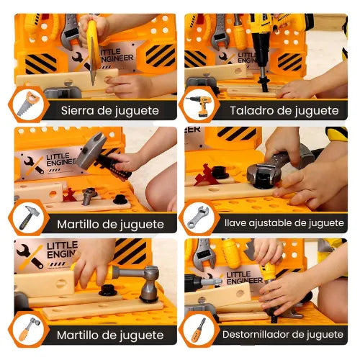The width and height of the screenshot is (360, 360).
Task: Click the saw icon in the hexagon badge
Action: pyautogui.click(x=28, y=104)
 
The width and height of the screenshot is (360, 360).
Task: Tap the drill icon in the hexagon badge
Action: pyautogui.click(x=199, y=105)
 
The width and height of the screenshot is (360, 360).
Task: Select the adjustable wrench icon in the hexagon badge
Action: pyautogui.click(x=198, y=217)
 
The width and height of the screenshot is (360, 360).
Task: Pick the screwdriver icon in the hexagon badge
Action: pyautogui.click(x=198, y=330)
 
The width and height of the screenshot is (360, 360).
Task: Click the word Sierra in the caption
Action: pyautogui.click(x=77, y=111)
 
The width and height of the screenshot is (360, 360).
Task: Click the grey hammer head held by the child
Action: pyautogui.click(x=91, y=150)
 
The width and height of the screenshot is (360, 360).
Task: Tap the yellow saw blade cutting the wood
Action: pyautogui.click(x=93, y=51)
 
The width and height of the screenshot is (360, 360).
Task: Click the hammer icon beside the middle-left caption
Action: pyautogui.click(x=29, y=217)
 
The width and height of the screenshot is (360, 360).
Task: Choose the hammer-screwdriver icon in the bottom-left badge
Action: pyautogui.click(x=29, y=329)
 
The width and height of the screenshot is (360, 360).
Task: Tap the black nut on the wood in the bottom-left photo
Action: pyautogui.click(x=107, y=290)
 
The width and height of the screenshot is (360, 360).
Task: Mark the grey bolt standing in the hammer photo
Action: pyautogui.click(x=88, y=196)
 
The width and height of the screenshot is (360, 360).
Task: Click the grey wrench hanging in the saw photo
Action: pyautogui.click(x=70, y=31)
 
